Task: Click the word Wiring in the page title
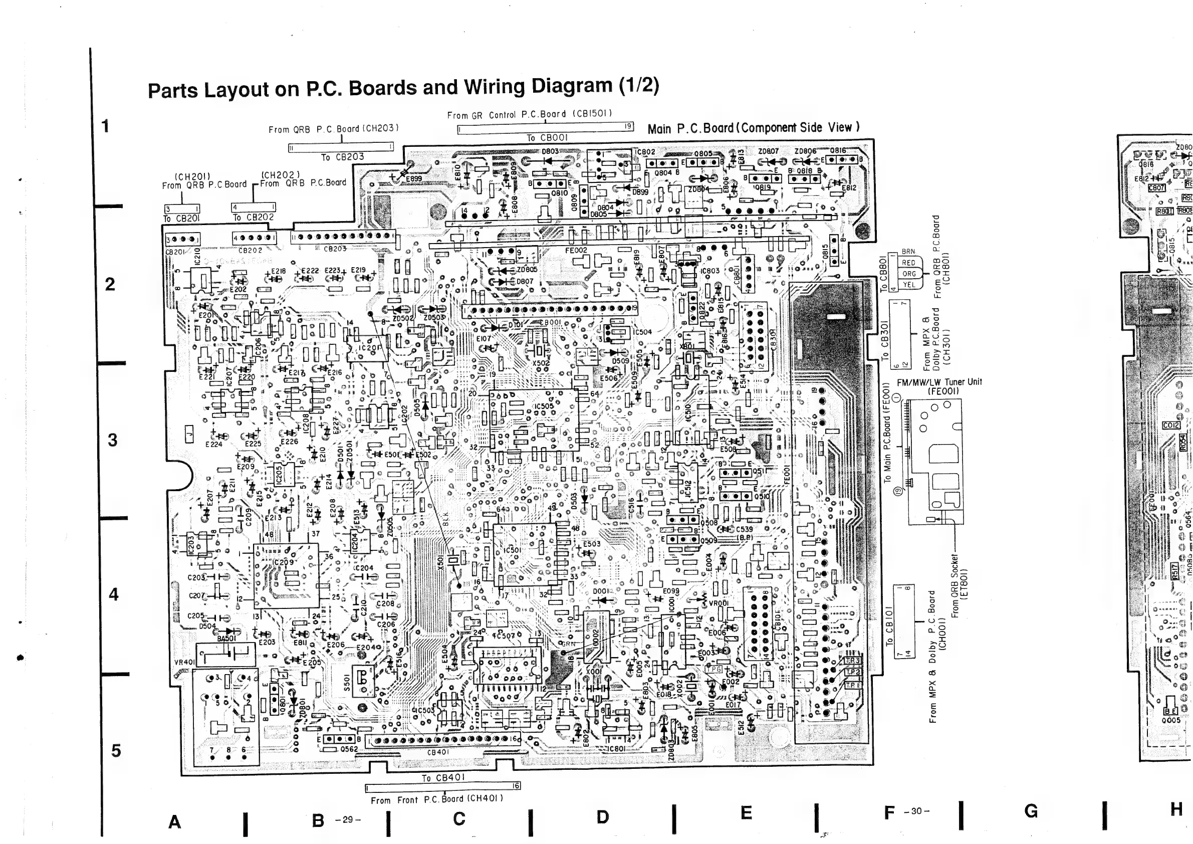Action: point(493,86)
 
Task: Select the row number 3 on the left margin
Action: point(112,440)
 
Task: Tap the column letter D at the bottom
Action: point(602,817)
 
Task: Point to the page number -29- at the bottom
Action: point(348,819)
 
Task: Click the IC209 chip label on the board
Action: point(283,562)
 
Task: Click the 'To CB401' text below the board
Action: point(443,777)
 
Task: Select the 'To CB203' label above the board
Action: point(342,157)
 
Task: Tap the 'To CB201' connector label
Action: point(181,219)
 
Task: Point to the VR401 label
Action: point(184,662)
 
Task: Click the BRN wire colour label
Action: point(908,252)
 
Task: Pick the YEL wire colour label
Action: point(908,285)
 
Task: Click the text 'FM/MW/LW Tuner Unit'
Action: point(939,382)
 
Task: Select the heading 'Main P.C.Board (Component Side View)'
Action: point(754,128)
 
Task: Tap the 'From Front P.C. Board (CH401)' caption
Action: point(436,800)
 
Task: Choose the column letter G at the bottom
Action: point(1031,811)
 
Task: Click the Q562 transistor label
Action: point(349,749)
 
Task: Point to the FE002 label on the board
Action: point(576,251)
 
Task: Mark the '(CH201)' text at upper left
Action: point(192,176)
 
